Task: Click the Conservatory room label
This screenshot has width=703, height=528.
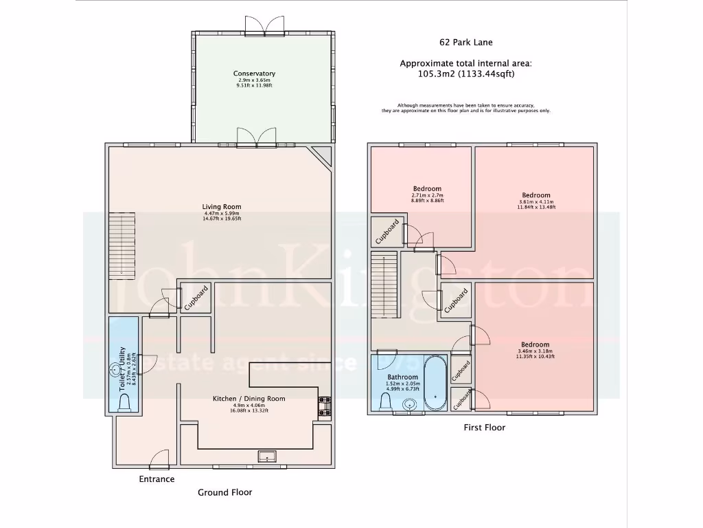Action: (254, 74)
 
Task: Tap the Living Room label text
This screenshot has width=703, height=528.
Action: (221, 207)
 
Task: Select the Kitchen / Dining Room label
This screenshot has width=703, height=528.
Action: (249, 399)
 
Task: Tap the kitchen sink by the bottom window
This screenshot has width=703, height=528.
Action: (265, 455)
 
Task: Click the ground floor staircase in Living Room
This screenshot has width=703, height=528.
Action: (122, 245)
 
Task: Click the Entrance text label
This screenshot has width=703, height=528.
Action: (157, 479)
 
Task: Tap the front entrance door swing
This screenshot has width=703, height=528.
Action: (161, 459)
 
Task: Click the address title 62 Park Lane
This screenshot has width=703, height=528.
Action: (466, 42)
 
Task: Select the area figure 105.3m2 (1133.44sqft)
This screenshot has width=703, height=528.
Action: (466, 74)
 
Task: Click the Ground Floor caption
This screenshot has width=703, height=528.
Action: (225, 492)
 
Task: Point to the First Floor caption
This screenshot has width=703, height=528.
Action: (485, 428)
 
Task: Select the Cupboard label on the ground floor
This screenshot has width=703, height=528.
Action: (196, 299)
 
